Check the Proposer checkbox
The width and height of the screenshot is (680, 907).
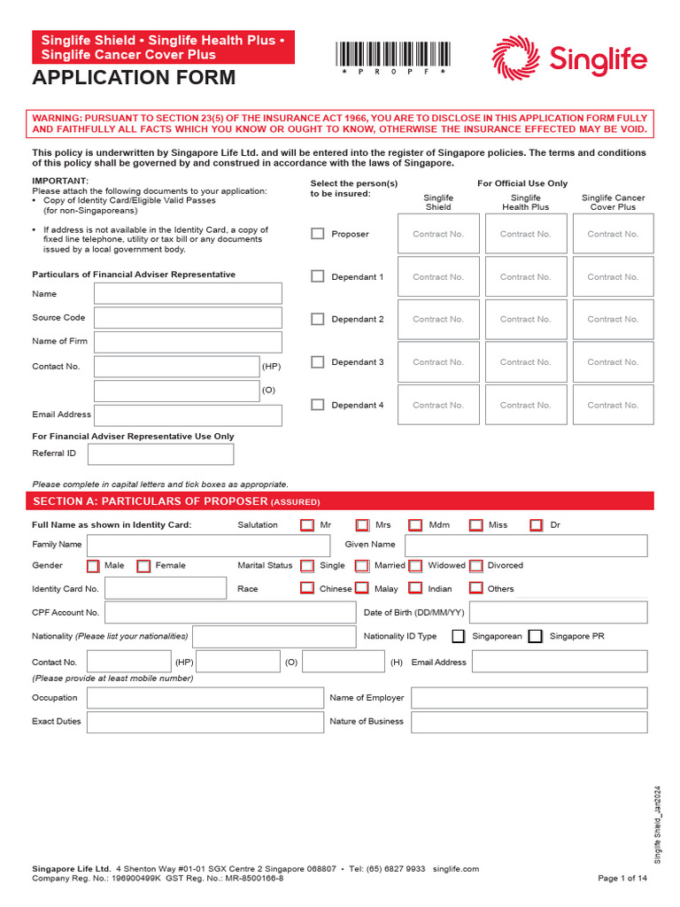318,234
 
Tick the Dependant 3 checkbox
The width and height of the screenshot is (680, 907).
318,361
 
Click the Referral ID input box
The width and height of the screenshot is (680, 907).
161,453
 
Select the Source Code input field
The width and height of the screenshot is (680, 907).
188,318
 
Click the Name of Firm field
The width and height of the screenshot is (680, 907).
188,342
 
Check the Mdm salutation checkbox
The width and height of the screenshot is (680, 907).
416,525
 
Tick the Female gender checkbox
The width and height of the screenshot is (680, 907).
143,566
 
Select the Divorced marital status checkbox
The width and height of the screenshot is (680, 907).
476,566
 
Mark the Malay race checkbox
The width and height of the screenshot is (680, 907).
361,588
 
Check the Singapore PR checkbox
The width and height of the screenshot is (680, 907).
535,636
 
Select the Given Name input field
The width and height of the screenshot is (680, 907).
526,545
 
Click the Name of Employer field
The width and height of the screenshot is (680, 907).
529,698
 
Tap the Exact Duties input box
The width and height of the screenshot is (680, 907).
205,722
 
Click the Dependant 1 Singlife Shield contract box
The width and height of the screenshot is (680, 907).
438,277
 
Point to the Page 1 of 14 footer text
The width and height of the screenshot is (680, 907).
622,878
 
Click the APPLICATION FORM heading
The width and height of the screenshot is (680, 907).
135,78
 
